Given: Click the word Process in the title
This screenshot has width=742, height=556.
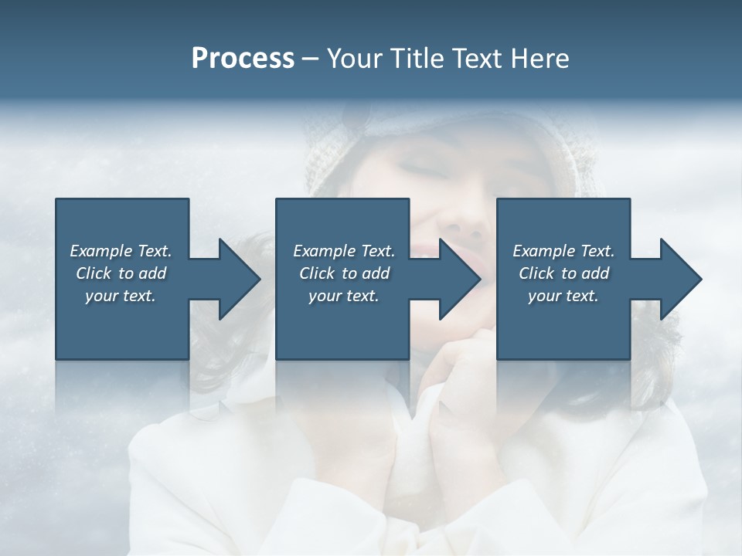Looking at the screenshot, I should [x=243, y=58].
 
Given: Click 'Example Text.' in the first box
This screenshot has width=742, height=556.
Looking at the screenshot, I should [x=121, y=251].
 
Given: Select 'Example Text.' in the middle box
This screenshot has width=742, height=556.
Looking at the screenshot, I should [x=344, y=251].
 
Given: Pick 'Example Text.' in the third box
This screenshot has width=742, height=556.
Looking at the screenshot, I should [x=563, y=251].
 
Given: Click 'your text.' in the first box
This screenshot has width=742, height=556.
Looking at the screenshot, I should [x=121, y=296].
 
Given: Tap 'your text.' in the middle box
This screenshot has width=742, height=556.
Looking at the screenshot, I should [x=344, y=296].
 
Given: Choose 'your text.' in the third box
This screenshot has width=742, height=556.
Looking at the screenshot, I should [x=563, y=296].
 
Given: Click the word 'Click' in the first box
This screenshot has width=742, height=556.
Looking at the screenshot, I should [x=94, y=273].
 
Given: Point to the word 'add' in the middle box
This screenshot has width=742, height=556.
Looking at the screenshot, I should [x=375, y=273].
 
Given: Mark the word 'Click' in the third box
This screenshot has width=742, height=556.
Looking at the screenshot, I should [x=536, y=273].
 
